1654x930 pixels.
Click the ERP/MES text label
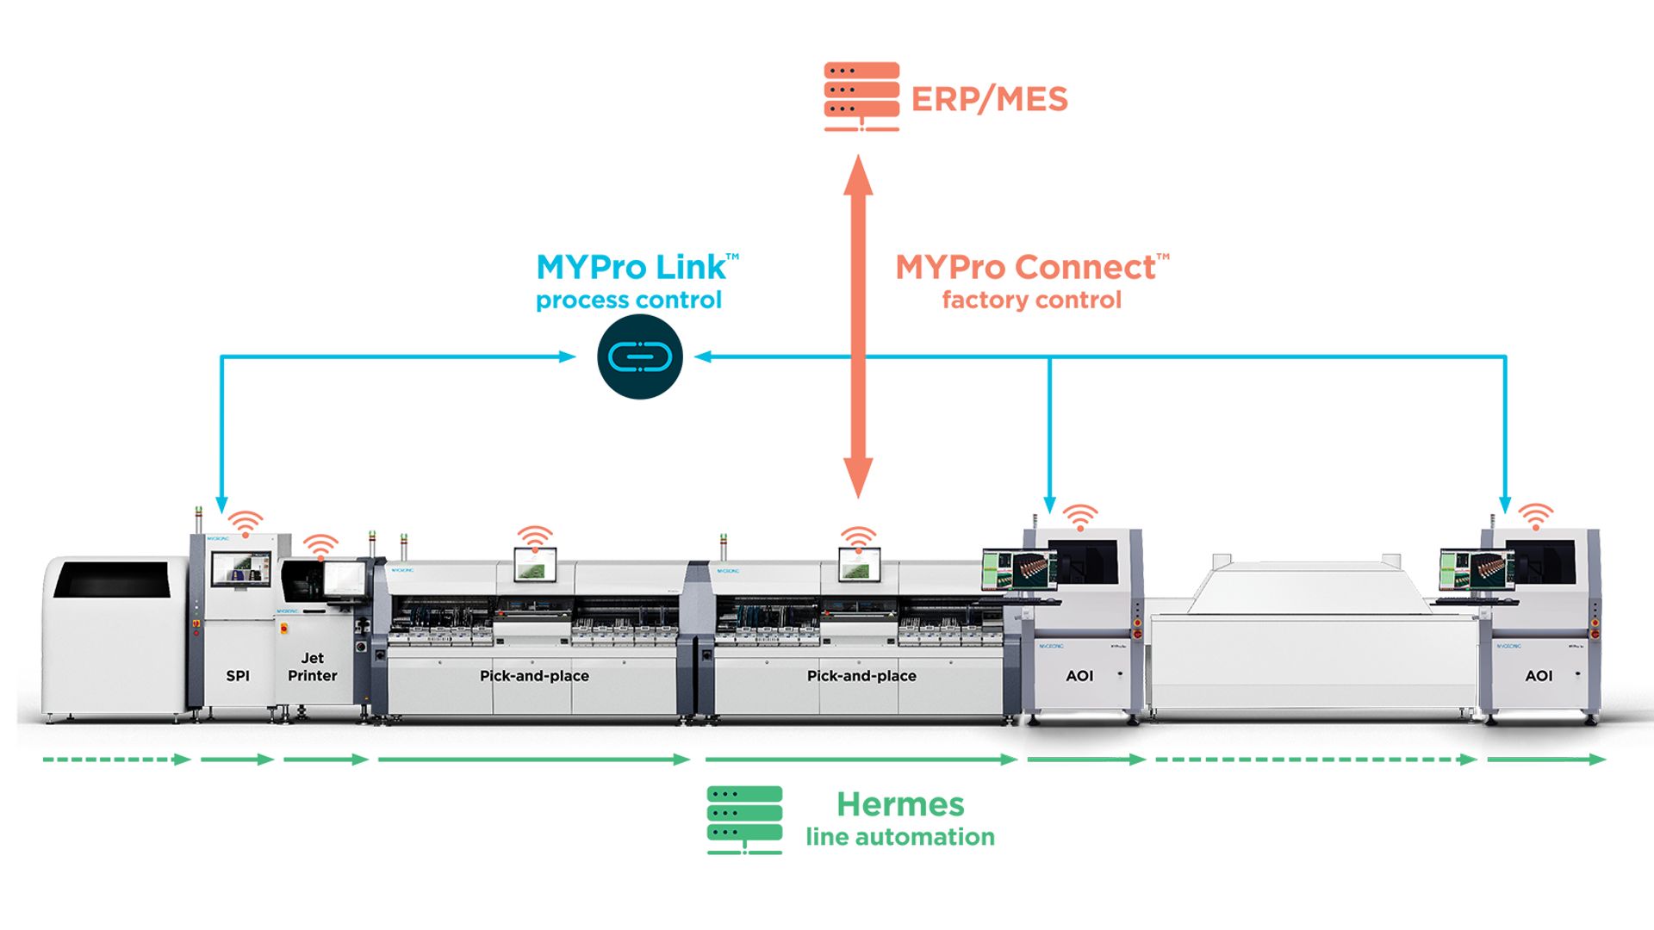coord(989,99)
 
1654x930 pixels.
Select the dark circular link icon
coord(639,356)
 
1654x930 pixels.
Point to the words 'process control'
coord(629,301)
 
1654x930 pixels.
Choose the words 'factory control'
coord(1031,301)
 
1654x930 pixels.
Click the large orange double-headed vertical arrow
coord(858,327)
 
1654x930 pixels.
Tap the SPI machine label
coord(238,676)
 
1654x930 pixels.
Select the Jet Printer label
coord(312,667)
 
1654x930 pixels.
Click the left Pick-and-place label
coord(534,676)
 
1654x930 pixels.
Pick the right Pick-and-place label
coord(861,676)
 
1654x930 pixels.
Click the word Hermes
coord(900,804)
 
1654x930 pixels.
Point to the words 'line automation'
coord(900,837)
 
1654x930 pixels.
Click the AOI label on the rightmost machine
coord(1539,676)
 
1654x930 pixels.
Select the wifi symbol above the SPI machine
coord(246,524)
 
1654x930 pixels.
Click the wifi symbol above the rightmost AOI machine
coord(1535,516)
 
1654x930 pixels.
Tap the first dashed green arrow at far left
coord(116,759)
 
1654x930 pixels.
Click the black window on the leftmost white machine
coord(112,580)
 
